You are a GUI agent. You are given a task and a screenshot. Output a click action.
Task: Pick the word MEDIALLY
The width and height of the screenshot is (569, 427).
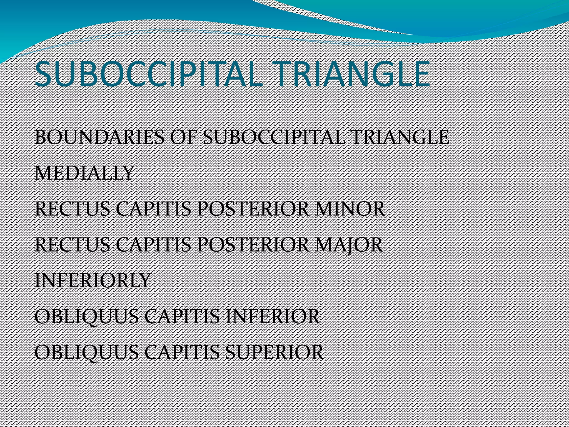84,173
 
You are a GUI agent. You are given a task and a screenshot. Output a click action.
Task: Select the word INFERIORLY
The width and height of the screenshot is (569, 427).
93,280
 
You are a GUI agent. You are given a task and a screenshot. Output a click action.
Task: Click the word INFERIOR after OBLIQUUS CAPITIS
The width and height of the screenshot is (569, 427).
273,316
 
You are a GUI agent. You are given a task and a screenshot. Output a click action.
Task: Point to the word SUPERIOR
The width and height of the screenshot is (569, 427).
275,352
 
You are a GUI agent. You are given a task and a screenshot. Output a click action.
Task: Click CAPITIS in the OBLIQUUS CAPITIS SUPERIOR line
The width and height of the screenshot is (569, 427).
182,352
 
